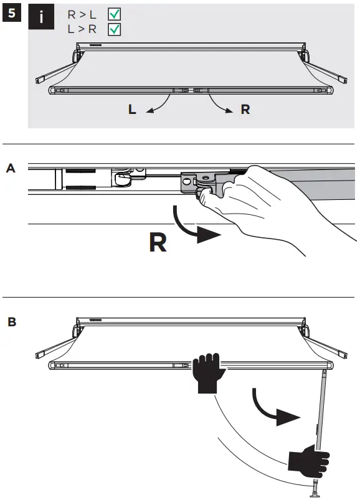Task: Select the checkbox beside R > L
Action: tap(115, 14)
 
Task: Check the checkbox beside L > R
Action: tap(115, 29)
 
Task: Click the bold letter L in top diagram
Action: tap(132, 110)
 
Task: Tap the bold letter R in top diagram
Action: tap(245, 110)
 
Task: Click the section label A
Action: tap(11, 168)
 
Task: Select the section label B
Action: tap(11, 323)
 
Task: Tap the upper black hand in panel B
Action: tap(207, 372)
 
